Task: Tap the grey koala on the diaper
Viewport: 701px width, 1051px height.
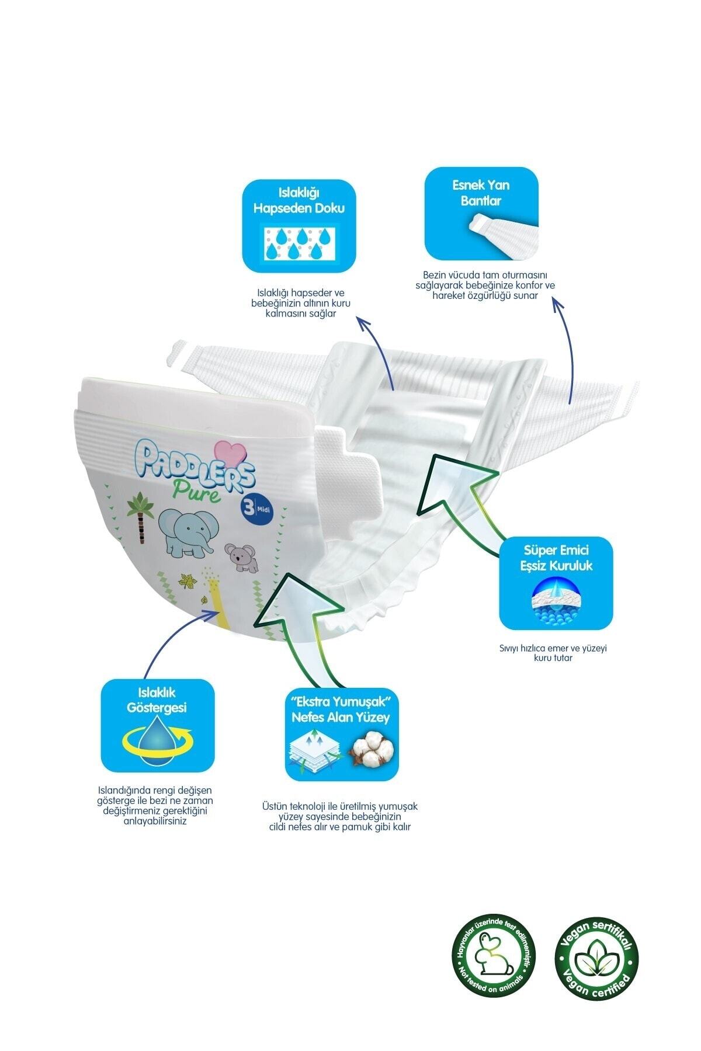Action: point(240,558)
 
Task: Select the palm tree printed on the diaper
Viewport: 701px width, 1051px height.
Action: point(141,511)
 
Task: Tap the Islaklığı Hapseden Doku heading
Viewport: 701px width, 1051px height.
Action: point(299,200)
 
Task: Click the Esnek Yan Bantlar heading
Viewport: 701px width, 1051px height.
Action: point(481,192)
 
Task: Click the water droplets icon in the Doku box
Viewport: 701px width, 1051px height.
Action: point(298,243)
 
